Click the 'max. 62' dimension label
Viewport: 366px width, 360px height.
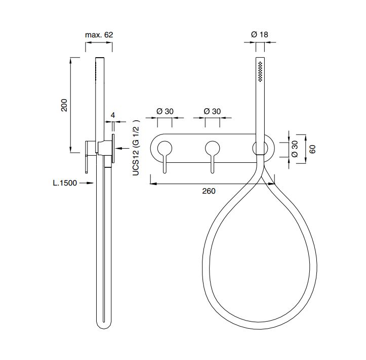99,35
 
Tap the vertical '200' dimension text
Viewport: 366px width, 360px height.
64,105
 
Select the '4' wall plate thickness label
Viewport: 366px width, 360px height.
113,115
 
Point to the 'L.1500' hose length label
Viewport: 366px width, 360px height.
65,183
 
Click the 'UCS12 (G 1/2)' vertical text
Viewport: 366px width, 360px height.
136,147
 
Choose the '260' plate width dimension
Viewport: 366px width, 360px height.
209,191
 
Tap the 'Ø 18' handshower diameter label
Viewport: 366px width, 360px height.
259,34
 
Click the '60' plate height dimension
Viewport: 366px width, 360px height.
312,149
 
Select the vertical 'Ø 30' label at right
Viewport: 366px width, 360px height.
295,149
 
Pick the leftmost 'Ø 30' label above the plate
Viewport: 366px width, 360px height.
165,111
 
